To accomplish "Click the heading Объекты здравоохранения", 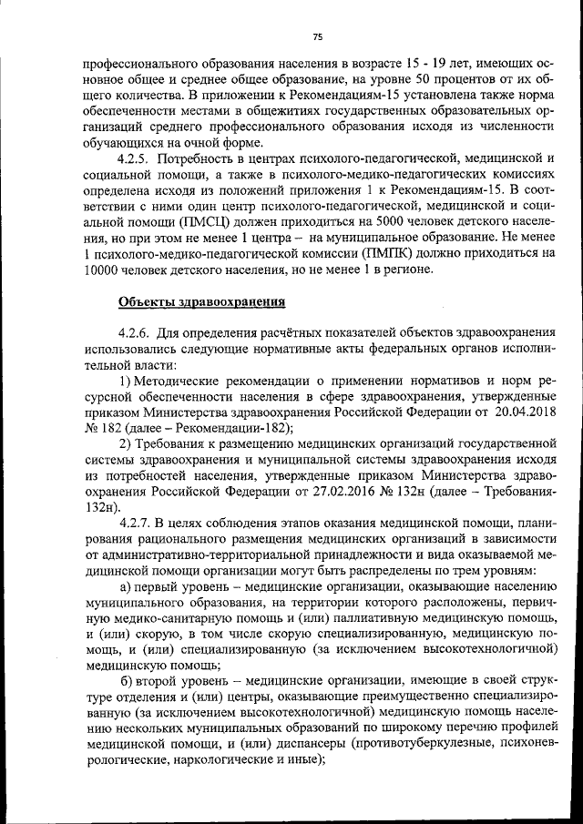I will click(x=202, y=302).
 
